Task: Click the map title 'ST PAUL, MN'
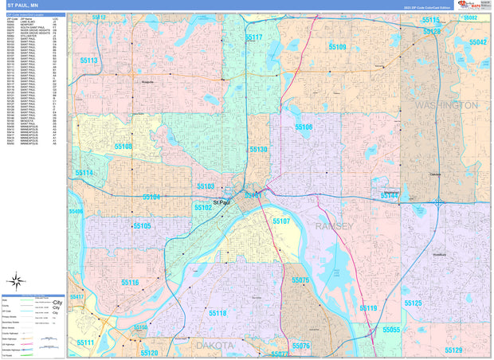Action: pyautogui.click(x=23, y=5)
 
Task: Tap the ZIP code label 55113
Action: pyautogui.click(x=88, y=61)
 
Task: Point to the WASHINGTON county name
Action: pyautogui.click(x=446, y=105)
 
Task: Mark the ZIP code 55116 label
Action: pyautogui.click(x=130, y=283)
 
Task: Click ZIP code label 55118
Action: pyautogui.click(x=218, y=313)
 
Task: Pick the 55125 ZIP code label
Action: pyautogui.click(x=413, y=303)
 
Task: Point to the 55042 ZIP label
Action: pyautogui.click(x=477, y=42)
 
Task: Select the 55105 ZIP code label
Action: pyautogui.click(x=142, y=226)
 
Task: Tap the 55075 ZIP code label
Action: pyautogui.click(x=300, y=280)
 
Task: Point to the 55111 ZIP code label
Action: pyautogui.click(x=84, y=342)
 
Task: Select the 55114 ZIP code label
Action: pyautogui.click(x=84, y=173)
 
